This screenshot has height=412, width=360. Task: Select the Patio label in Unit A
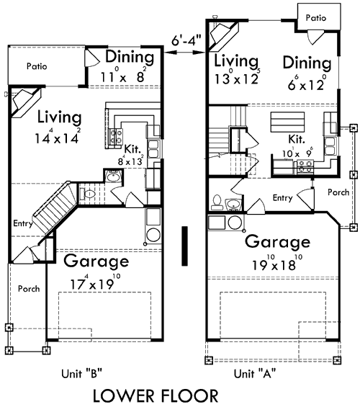tap(316, 17)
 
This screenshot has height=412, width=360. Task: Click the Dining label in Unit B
tap(130, 57)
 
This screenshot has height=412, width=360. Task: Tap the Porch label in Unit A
tap(337, 192)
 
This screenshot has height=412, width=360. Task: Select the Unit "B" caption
tap(81, 373)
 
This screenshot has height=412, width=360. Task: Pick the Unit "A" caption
tap(254, 373)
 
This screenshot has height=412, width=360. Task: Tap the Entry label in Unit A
tap(282, 197)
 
